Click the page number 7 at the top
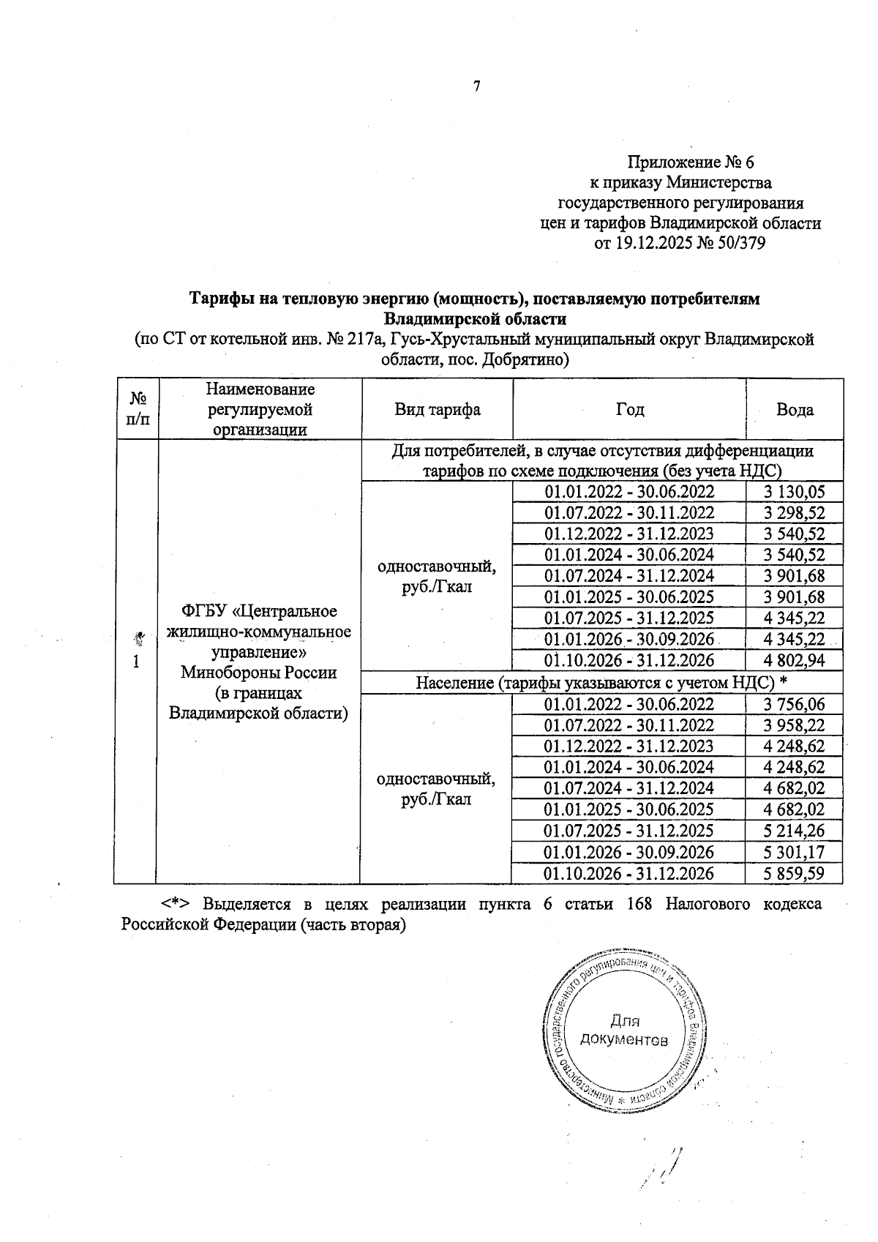click(477, 86)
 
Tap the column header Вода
click(795, 410)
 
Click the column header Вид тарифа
click(437, 410)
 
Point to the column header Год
click(629, 410)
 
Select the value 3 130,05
click(794, 492)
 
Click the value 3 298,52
click(794, 513)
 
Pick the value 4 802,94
click(794, 661)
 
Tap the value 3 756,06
click(794, 704)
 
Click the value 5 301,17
click(794, 853)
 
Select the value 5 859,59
click(794, 874)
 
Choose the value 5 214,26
click(794, 831)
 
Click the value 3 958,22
click(794, 725)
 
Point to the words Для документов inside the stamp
click(623, 1030)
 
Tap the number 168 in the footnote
click(641, 905)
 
